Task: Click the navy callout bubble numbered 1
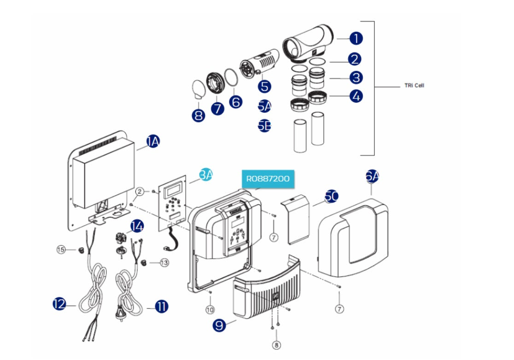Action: pyautogui.click(x=356, y=39)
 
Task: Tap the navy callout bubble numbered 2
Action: pyautogui.click(x=355, y=59)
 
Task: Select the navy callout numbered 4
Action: pyautogui.click(x=356, y=96)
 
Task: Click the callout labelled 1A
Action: pyautogui.click(x=153, y=142)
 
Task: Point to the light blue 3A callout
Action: pyautogui.click(x=206, y=175)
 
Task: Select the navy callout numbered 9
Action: pyautogui.click(x=220, y=325)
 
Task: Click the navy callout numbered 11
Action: pyautogui.click(x=162, y=306)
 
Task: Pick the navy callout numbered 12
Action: pyautogui.click(x=59, y=304)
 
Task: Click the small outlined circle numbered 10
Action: pyautogui.click(x=210, y=310)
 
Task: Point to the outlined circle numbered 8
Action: pyautogui.click(x=276, y=344)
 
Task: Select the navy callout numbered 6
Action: pyautogui.click(x=236, y=102)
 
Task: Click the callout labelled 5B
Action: pyautogui.click(x=264, y=126)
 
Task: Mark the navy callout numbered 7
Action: pyautogui.click(x=217, y=109)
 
